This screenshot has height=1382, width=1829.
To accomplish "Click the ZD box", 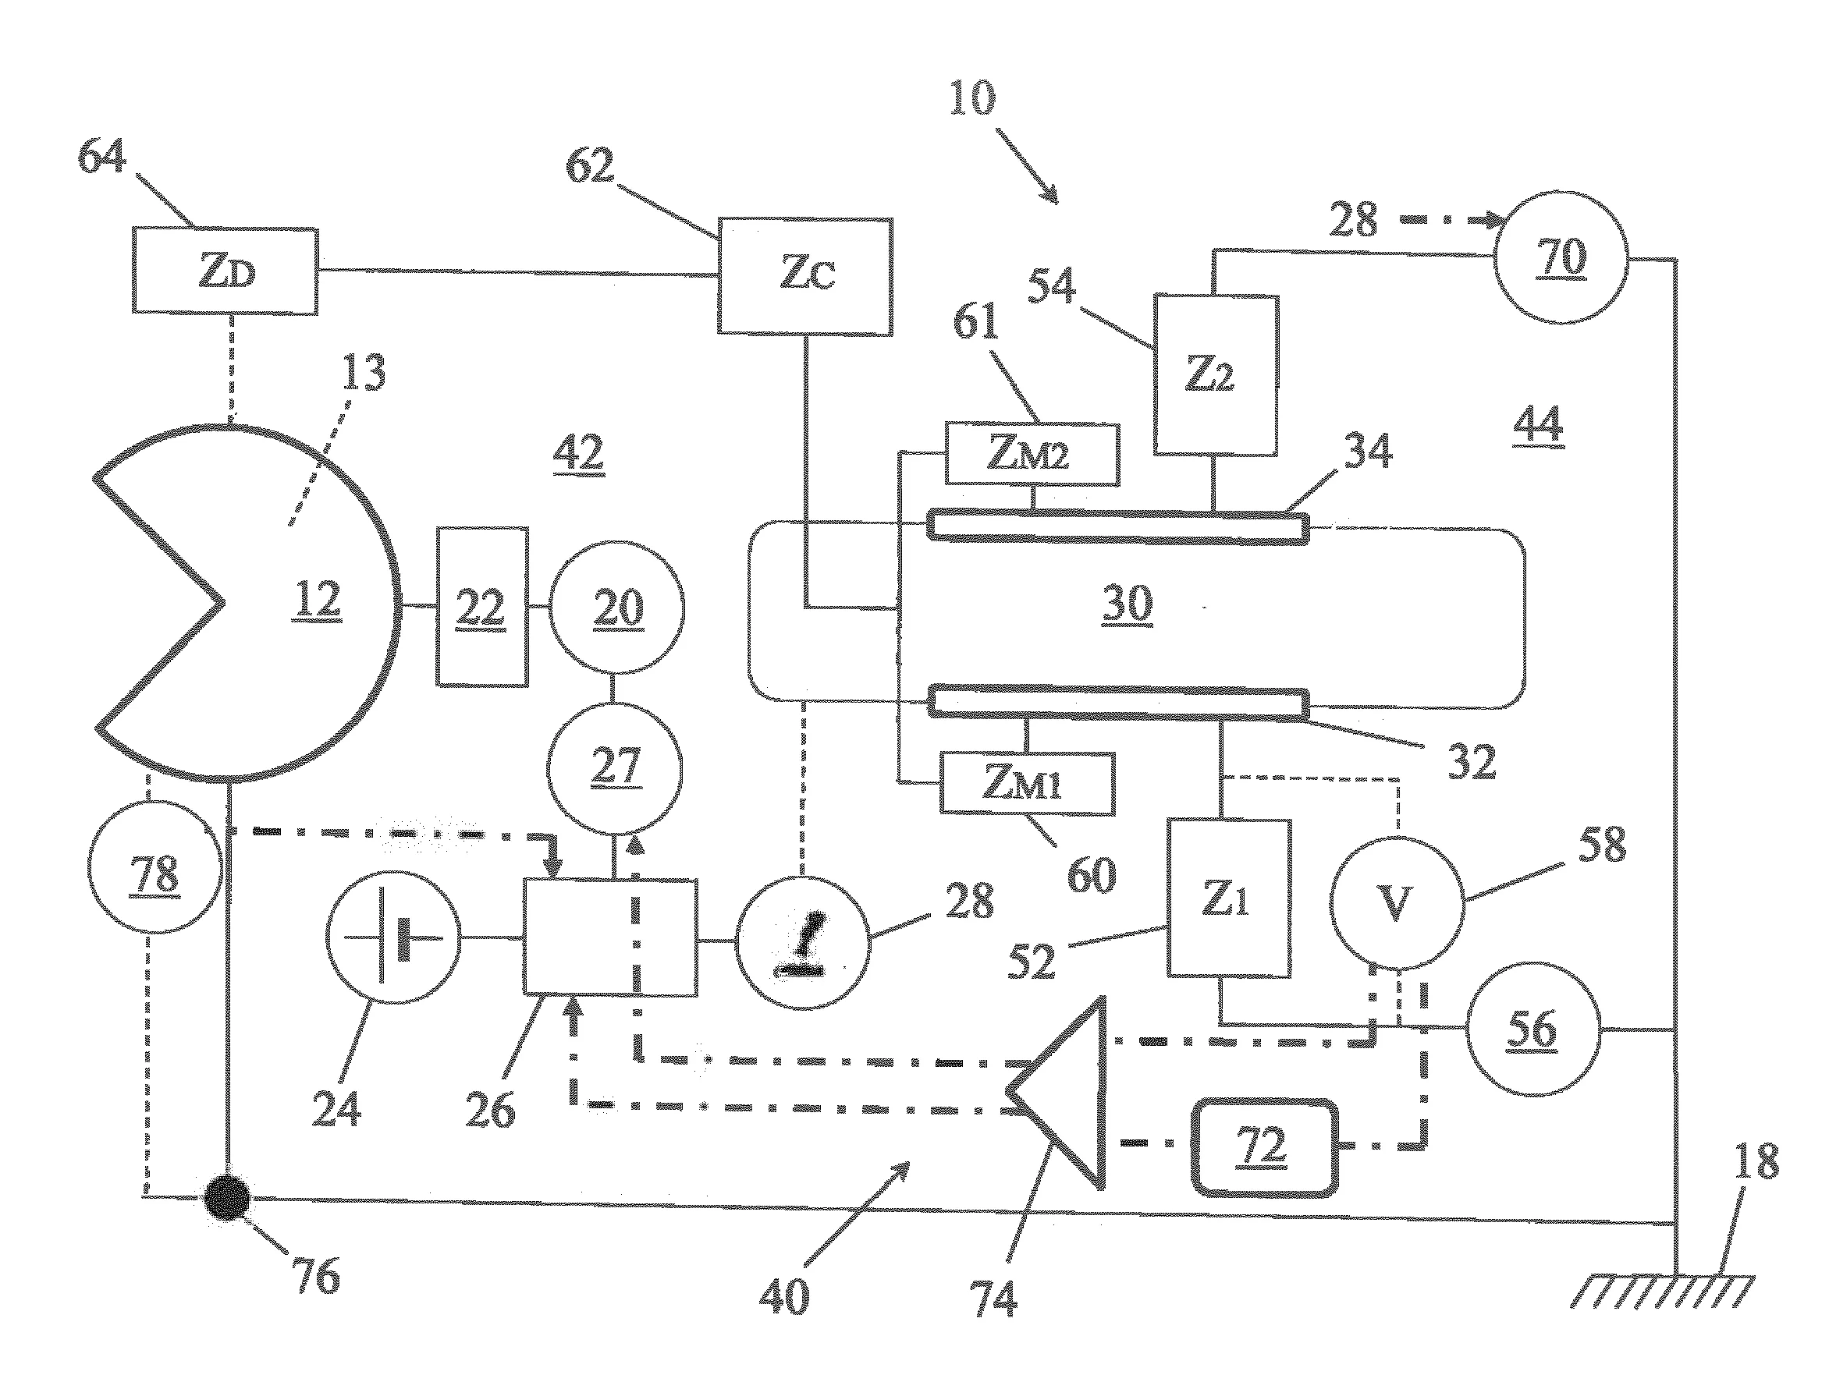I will tap(225, 271).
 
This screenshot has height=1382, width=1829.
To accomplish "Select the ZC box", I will tap(805, 277).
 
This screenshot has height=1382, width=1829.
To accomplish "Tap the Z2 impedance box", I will tap(1216, 375).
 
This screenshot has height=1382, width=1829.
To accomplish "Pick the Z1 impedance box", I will tap(1229, 898).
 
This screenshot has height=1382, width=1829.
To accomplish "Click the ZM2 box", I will tap(1032, 454).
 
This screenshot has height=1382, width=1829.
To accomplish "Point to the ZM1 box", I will tap(1028, 783).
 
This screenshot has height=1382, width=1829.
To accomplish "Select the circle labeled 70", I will tap(1561, 257).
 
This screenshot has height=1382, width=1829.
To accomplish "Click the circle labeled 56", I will tap(1532, 1029).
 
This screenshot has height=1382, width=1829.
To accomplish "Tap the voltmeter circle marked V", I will tap(1397, 902).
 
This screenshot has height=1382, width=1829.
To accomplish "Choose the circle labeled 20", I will tap(618, 608).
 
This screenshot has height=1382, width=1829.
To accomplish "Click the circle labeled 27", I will tap(615, 769).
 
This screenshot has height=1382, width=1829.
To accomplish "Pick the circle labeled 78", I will tap(155, 867).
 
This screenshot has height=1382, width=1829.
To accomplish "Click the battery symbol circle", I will tap(393, 937).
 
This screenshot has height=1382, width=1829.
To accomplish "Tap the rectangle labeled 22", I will tap(482, 608).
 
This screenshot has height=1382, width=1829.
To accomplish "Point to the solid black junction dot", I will tap(227, 1197).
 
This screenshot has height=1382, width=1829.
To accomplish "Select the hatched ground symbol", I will tap(1663, 1291).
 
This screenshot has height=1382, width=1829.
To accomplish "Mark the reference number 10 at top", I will tap(972, 98).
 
